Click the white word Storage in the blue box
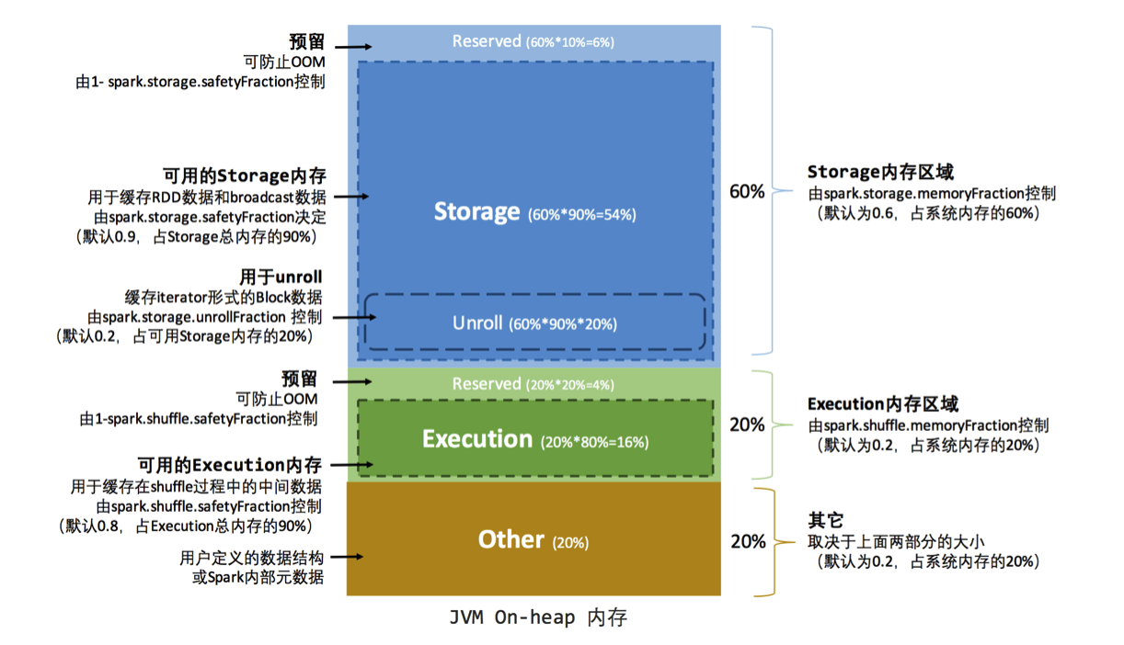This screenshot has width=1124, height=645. (476, 211)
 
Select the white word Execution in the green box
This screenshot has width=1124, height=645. (476, 439)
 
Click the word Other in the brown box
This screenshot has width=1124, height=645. (511, 539)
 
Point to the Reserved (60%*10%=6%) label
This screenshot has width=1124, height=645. (533, 41)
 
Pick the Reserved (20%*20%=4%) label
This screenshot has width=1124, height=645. (533, 384)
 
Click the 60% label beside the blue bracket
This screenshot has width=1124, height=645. (747, 192)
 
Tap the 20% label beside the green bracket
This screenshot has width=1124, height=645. (747, 424)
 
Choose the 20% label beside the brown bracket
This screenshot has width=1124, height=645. (747, 541)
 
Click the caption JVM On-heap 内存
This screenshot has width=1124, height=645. (538, 617)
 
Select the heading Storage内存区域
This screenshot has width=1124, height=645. (880, 172)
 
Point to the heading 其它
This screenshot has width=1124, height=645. (826, 520)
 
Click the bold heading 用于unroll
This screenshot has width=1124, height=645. (281, 277)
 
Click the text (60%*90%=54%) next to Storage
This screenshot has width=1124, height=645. (581, 215)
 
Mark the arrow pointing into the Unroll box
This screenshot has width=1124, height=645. (351, 317)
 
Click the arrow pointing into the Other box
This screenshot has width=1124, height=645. (350, 557)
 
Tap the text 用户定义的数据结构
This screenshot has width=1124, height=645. (251, 558)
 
